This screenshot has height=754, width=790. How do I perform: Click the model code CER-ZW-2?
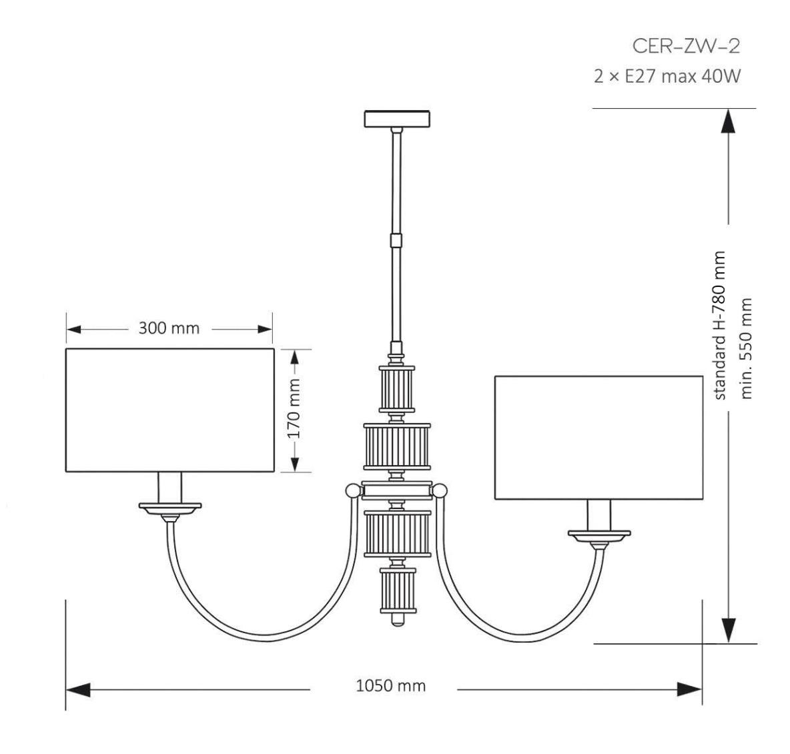pyautogui.click(x=686, y=47)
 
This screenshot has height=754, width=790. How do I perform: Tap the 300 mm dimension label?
pyautogui.click(x=169, y=328)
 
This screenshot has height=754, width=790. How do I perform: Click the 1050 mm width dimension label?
pyautogui.click(x=390, y=685)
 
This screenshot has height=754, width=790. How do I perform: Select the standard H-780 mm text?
pyautogui.click(x=721, y=326)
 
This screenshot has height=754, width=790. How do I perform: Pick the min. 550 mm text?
pyautogui.click(x=747, y=347)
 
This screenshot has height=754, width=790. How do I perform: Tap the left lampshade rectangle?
pyautogui.click(x=169, y=410)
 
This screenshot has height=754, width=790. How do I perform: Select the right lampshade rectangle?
pyautogui.click(x=599, y=438)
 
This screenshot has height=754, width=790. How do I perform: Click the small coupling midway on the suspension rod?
pyautogui.click(x=397, y=239)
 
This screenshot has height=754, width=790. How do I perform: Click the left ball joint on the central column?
pyautogui.click(x=350, y=492)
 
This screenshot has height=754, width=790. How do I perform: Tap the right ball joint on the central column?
pyautogui.click(x=440, y=492)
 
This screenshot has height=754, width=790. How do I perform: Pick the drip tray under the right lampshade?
pyautogui.click(x=599, y=535)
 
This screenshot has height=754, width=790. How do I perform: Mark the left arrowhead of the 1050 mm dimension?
pyautogui.click(x=78, y=690)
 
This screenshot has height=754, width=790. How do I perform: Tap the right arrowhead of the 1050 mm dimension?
pyautogui.click(x=689, y=690)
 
